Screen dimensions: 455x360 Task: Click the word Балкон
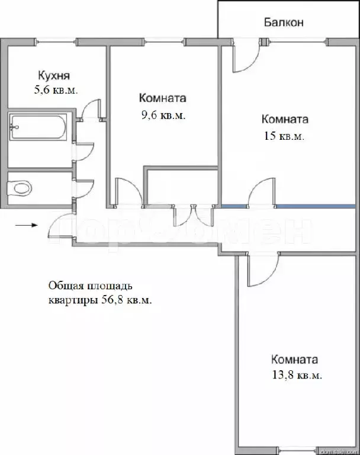tap(284, 23)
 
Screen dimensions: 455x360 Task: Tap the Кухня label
tap(54, 75)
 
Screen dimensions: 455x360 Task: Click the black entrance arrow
tap(27, 225)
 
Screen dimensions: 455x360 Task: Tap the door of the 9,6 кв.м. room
tap(127, 193)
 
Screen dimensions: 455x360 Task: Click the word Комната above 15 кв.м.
tap(285, 119)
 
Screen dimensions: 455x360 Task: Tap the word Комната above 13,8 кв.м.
tap(294, 360)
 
